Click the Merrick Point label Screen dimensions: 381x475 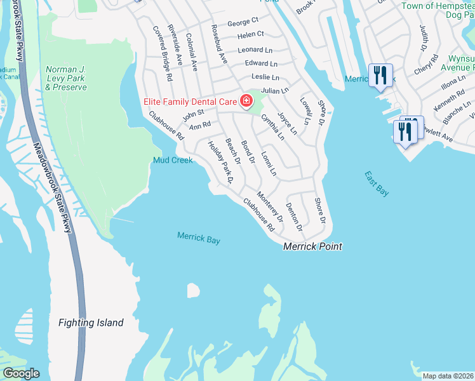(312, 246)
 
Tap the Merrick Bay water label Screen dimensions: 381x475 (198, 238)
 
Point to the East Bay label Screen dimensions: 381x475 (377, 184)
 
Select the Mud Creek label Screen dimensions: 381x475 (173, 160)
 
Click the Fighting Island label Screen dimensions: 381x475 (91, 323)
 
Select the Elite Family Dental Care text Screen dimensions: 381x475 (187, 101)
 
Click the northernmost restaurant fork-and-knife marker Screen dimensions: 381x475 (380, 76)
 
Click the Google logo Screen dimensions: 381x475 (21, 373)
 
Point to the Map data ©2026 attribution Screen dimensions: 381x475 (447, 376)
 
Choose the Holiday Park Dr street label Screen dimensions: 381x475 (222, 163)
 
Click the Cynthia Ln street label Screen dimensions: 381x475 (272, 126)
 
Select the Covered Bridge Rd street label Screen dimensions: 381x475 (163, 53)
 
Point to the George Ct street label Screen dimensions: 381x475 (243, 22)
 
